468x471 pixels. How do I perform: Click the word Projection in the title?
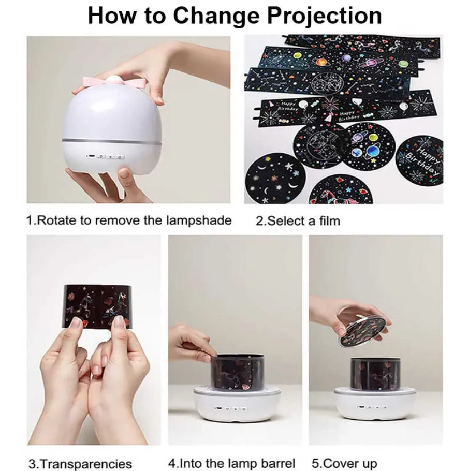325,16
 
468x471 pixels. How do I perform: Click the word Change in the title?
216,16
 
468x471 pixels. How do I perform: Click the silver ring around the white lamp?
112,141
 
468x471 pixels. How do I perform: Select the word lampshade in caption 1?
199,221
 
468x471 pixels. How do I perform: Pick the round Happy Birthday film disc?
420,161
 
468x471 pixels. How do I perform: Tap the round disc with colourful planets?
368,146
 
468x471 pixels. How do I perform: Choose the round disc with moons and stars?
274,179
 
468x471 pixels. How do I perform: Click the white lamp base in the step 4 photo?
237,404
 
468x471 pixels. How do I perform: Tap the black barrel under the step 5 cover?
375,374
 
